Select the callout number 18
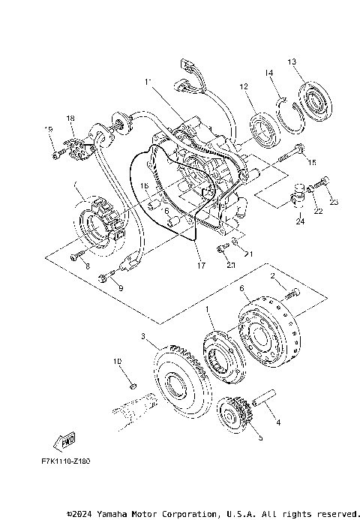(70, 119)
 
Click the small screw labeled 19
(57, 155)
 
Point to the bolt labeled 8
(79, 256)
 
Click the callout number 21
(248, 254)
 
